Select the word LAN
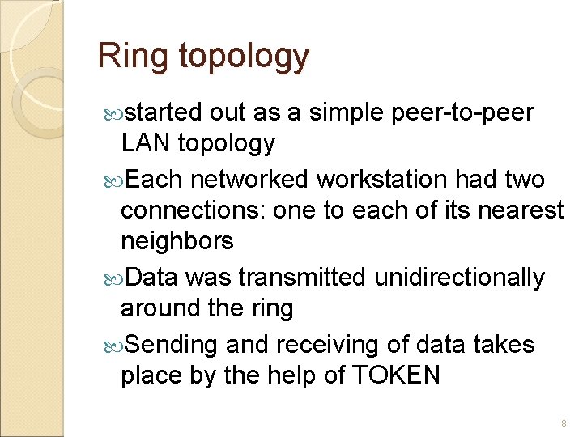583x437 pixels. (145, 143)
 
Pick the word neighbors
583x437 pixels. (177, 241)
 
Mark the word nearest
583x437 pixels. (521, 210)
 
